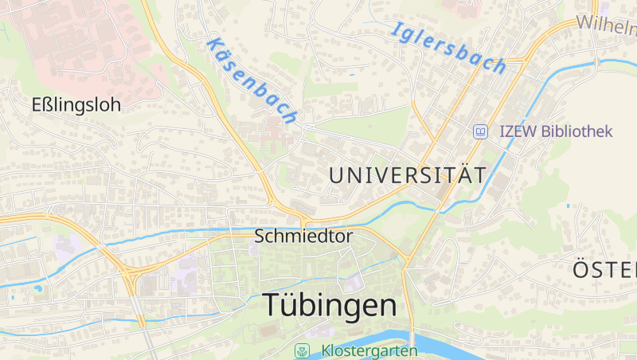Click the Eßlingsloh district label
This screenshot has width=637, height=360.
coord(76,104)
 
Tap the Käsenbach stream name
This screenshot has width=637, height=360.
coord(252,80)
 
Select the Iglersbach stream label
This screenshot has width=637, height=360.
coord(449,47)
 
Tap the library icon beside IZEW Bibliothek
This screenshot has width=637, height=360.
coord(480,131)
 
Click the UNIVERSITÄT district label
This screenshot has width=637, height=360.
coord(407,175)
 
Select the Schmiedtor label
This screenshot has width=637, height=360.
coord(303,237)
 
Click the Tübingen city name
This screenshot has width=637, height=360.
coord(329,305)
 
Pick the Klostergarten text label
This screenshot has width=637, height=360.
coord(369,350)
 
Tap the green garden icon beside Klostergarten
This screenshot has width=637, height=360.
coord(302,350)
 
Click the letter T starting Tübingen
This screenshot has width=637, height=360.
coord(271,305)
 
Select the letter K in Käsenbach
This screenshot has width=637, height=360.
coord(213,45)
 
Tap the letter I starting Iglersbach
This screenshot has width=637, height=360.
coord(396,29)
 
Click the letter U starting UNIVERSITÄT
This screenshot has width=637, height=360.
coord(336,175)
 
